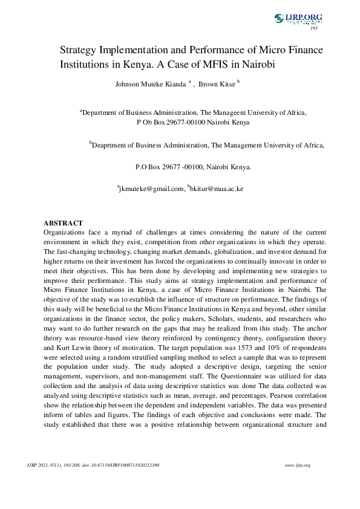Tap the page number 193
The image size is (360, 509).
pyautogui.click(x=313, y=28)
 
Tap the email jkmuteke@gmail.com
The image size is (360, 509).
pyautogui.click(x=151, y=189)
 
